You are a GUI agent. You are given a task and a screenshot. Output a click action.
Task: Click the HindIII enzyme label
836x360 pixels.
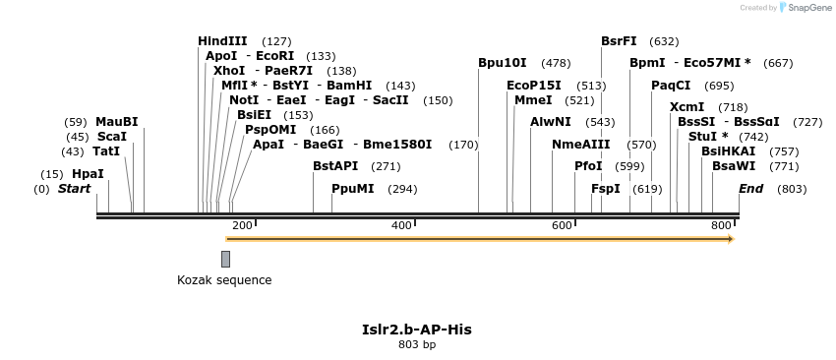pos(222,41)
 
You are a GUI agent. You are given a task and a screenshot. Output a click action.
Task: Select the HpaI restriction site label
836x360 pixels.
pos(88,174)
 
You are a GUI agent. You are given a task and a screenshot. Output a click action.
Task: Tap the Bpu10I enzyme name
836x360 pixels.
pos(503,63)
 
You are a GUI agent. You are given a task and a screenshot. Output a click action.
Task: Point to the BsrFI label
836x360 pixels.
pos(619,41)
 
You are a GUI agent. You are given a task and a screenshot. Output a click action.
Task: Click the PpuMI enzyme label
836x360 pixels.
pos(352,188)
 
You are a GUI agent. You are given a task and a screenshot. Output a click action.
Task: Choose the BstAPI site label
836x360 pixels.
pos(336,166)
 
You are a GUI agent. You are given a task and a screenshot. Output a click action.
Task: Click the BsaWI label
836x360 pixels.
pos(734,166)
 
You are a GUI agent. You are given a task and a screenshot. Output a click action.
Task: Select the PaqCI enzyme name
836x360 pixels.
pos(671,86)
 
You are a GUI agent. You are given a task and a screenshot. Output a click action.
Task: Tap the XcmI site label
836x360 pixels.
pos(687,107)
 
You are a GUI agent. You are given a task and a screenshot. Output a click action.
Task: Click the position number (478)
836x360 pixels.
pos(556,63)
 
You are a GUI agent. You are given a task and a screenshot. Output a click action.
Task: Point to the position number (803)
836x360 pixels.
pos(791,189)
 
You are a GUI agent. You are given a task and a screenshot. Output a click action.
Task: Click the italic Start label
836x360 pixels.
pos(74,188)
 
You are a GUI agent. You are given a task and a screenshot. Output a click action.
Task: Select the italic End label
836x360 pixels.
pos(750,188)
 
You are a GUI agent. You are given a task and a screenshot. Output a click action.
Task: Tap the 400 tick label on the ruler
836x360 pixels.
pos(401,226)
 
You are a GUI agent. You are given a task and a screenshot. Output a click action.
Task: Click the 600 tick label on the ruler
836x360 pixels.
pos(562,226)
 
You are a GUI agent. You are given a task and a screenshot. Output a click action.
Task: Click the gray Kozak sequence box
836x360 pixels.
pos(225,259)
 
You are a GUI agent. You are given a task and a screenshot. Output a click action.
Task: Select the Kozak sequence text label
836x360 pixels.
pos(224,280)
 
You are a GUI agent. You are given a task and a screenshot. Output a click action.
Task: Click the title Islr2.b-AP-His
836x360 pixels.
pos(417,329)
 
